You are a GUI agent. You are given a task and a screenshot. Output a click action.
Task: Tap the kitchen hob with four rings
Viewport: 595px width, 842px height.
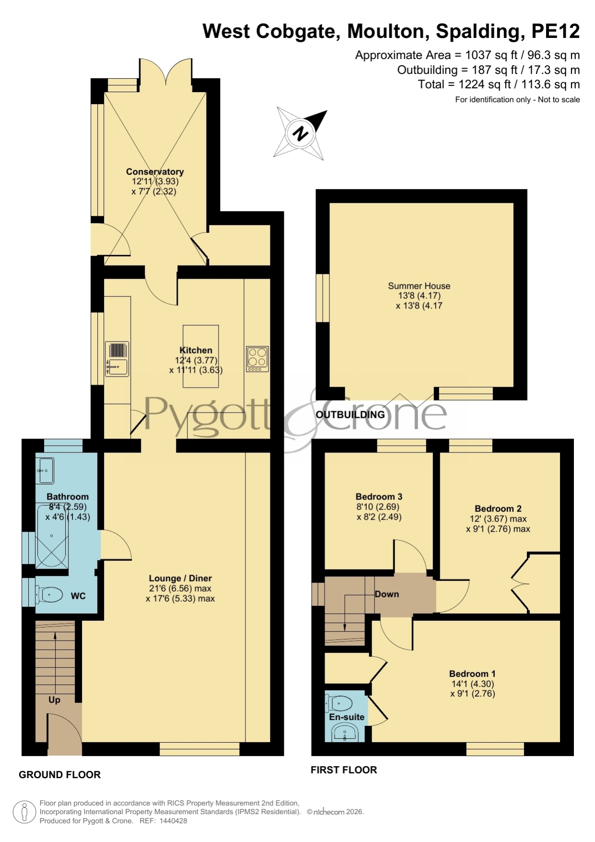[257, 359]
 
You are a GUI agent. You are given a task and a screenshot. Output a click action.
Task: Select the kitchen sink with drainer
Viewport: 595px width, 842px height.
[117, 359]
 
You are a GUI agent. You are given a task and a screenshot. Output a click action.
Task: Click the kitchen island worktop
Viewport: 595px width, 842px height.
[200, 356]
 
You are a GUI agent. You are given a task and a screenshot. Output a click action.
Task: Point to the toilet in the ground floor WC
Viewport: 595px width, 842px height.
[49, 595]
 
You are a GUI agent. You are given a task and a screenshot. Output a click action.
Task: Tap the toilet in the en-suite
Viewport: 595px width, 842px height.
[339, 703]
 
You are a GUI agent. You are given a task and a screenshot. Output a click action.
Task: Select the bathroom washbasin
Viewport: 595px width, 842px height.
[45, 470]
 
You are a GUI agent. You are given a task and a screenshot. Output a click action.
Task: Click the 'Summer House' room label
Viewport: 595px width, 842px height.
[419, 286]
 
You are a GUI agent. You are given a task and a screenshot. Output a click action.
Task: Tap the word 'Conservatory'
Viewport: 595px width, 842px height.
[155, 172]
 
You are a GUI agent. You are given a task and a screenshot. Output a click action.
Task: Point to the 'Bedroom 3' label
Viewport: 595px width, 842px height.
[379, 497]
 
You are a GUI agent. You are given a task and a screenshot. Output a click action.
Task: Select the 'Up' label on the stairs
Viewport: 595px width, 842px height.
[54, 700]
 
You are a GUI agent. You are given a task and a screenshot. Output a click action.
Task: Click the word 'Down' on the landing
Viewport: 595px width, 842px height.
[387, 594]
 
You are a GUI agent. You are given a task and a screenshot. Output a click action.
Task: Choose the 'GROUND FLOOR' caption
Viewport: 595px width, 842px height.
[59, 774]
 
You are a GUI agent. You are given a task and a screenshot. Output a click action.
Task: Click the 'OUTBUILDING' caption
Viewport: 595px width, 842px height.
[350, 415]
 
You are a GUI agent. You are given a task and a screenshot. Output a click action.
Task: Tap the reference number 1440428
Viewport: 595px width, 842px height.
[173, 820]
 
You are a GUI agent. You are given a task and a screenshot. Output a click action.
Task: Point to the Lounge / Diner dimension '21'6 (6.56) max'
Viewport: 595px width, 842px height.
[180, 588]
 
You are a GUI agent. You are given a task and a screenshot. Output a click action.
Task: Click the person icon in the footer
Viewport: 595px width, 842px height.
[24, 812]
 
